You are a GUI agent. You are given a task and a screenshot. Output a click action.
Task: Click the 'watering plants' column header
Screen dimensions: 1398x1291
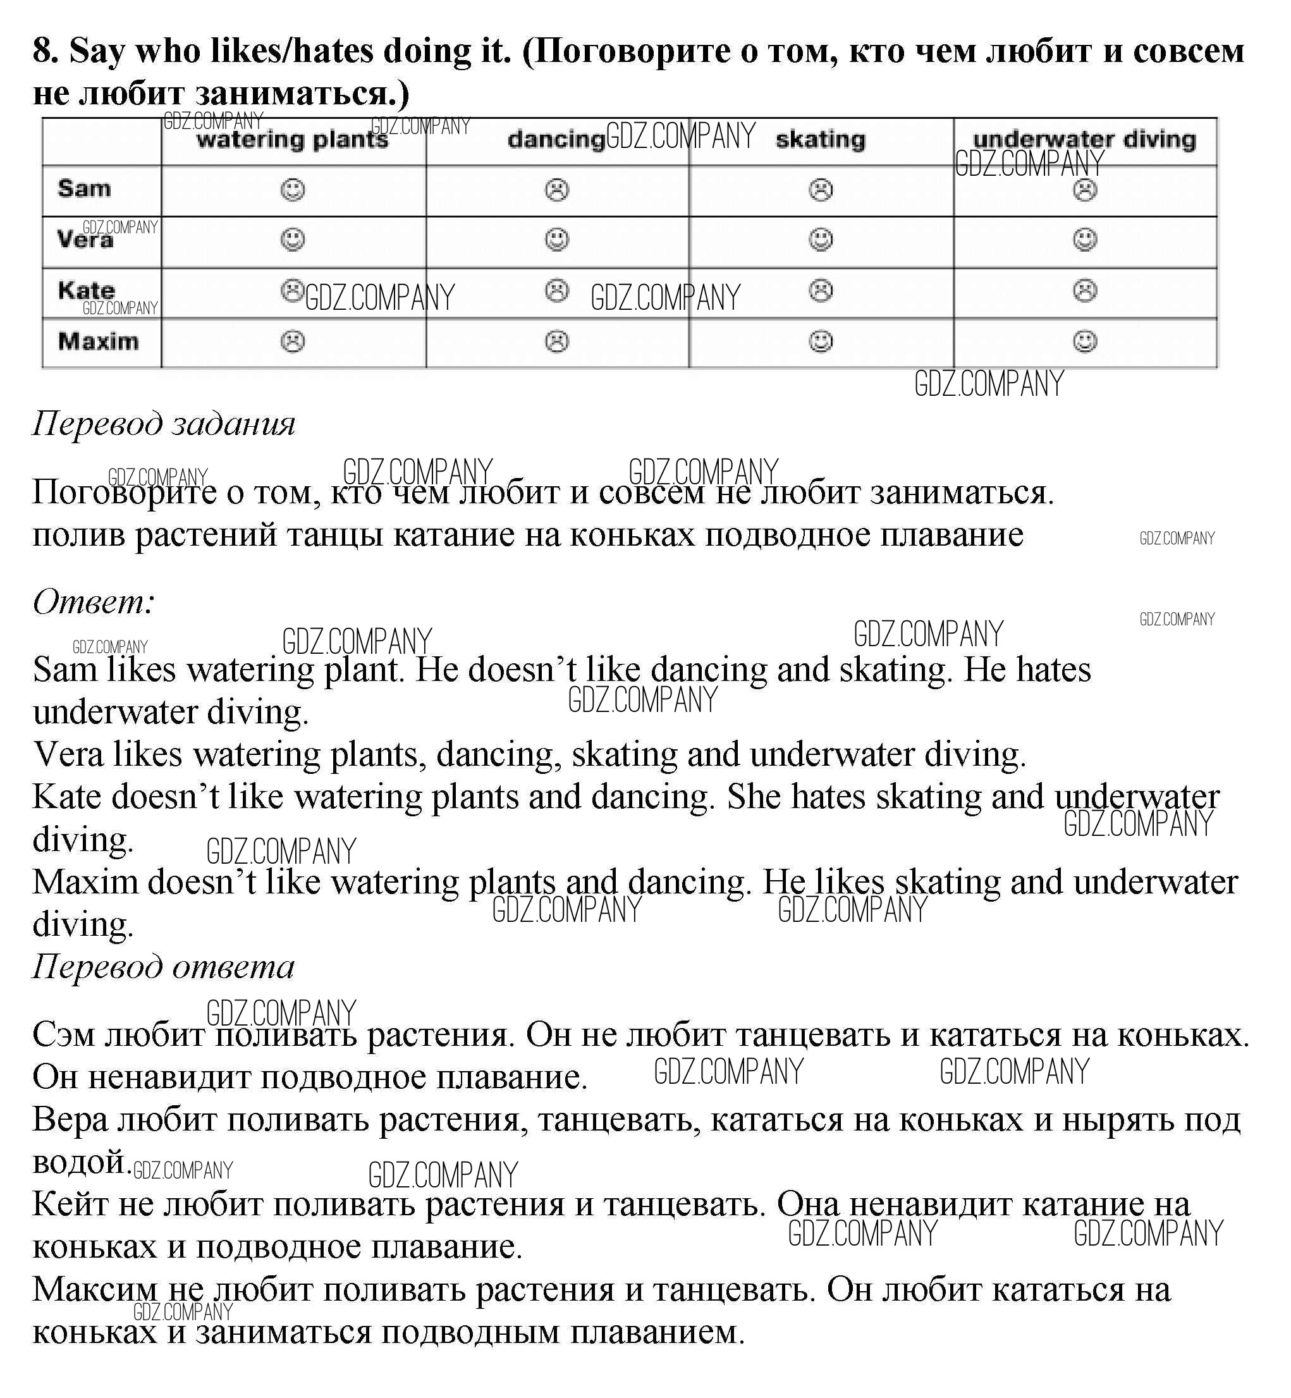(292, 140)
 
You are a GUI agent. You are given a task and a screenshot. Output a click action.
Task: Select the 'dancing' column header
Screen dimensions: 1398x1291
(555, 140)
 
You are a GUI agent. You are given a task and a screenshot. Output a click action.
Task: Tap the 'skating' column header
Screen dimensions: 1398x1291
(820, 140)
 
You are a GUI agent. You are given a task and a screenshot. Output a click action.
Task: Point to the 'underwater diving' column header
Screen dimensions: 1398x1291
(1084, 140)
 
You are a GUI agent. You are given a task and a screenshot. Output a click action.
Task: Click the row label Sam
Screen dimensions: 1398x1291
(85, 188)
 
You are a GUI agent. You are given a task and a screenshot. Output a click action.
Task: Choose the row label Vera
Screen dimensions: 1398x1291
(85, 240)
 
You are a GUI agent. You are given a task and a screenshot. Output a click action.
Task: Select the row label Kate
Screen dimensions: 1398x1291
(87, 290)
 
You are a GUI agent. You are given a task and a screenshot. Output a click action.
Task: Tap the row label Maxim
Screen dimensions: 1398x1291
(99, 341)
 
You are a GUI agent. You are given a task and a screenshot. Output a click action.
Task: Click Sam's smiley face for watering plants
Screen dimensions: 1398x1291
(293, 190)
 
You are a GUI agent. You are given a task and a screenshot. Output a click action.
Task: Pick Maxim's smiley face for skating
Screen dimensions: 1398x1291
(821, 341)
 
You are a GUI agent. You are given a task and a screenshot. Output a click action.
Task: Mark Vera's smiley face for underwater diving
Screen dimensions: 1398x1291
(1085, 240)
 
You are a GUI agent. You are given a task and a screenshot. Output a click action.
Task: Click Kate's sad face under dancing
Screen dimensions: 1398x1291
(557, 291)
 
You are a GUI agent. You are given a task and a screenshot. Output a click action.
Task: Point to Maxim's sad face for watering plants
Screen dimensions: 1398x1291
(293, 341)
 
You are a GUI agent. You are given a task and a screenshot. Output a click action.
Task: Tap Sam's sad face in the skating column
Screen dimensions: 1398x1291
(821, 190)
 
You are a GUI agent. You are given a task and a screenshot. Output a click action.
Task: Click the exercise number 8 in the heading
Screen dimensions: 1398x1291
(44, 51)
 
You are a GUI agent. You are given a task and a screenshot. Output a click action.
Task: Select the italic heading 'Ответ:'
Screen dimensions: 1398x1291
(94, 601)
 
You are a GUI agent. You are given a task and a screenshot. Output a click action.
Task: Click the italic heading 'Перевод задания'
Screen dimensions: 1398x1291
(164, 424)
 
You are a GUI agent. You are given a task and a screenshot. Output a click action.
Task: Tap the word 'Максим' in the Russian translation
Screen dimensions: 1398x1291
(95, 1289)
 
